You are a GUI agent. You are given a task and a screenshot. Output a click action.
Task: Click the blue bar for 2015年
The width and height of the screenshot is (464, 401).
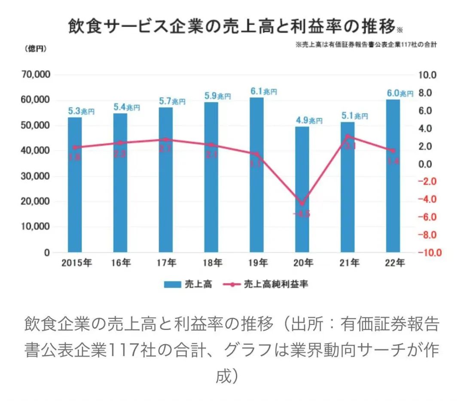[x=75, y=185]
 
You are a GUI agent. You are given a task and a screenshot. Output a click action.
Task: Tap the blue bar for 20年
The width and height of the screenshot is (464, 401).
[x=302, y=189]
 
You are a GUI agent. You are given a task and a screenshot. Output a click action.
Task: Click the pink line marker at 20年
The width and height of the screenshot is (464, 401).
[x=302, y=204]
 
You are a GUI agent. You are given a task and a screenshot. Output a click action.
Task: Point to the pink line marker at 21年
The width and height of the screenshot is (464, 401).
[x=348, y=136]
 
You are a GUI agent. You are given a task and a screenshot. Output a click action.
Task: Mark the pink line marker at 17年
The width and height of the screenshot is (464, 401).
[x=166, y=139]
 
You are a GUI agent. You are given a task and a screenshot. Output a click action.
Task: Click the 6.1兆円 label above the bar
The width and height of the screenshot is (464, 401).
[x=263, y=92]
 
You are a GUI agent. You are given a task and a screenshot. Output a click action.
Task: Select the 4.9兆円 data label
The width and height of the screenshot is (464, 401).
[x=308, y=120]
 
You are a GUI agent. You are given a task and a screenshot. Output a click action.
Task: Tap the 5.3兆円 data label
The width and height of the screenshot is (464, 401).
[x=81, y=111]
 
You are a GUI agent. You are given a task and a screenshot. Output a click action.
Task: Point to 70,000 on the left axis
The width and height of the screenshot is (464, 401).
[x=36, y=75]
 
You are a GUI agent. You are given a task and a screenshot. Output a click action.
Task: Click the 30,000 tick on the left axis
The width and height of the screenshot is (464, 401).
[x=36, y=176]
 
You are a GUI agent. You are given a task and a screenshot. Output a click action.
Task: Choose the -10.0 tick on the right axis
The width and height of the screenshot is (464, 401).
[x=430, y=253]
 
